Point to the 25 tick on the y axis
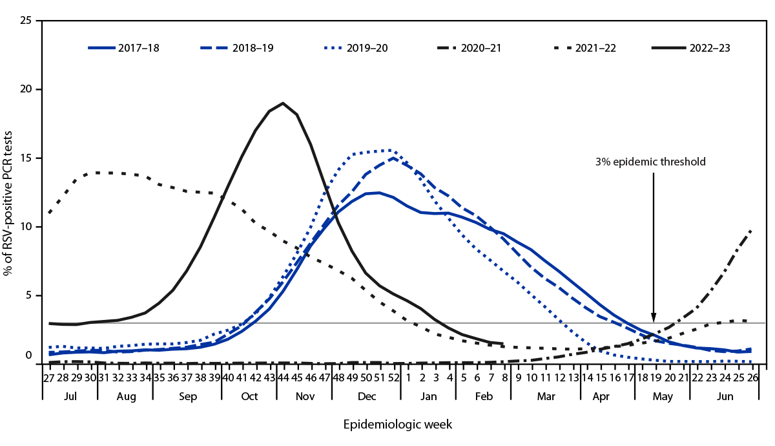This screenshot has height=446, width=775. [x=26, y=21]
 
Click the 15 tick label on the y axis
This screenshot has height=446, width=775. [x=26, y=158]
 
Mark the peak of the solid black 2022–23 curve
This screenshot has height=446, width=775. [x=283, y=103]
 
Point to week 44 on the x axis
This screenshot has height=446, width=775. [x=283, y=377]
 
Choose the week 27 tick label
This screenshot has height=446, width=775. [x=48, y=377]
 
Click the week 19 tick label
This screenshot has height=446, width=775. [x=654, y=377]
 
